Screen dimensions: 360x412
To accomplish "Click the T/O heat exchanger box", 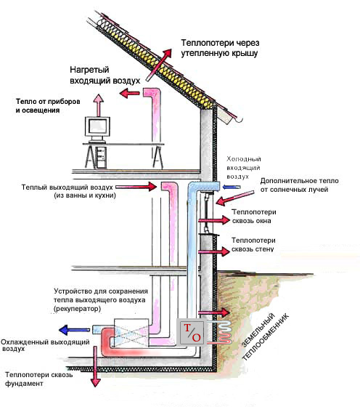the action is point(192,332).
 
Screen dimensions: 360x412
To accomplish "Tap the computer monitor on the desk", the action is point(97,128).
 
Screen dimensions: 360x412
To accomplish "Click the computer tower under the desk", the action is point(101,157).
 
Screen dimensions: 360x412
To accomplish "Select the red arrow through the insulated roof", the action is point(158,65).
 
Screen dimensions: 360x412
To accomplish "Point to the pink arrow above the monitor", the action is point(99,105).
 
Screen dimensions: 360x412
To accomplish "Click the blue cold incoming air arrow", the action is point(231,187).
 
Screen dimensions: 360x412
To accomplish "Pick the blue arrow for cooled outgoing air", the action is point(74,330).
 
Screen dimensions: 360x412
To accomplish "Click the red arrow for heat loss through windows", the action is point(214,220).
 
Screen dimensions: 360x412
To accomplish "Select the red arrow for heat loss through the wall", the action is point(214,251).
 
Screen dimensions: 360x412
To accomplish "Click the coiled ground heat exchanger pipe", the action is point(224,332).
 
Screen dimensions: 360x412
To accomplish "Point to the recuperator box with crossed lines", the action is point(131,332).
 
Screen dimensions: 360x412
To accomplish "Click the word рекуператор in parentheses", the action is point(78,309).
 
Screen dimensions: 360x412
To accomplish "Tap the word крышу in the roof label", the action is point(245,53).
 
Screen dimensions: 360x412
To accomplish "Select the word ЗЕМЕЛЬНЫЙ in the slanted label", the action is point(258,330).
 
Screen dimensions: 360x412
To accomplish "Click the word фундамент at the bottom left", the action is point(24,384).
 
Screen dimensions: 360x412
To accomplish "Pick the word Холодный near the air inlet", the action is point(244,159).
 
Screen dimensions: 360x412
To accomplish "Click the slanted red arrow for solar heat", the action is point(235,198).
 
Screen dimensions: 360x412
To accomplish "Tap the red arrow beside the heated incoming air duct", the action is point(130,93).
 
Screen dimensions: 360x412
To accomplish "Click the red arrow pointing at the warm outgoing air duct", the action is point(136,187).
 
